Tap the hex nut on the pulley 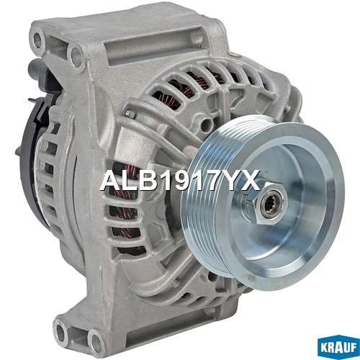(267, 203)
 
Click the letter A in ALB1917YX (112, 180)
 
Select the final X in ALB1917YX (250, 180)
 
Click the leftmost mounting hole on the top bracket (38, 40)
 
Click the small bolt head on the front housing (130, 113)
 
